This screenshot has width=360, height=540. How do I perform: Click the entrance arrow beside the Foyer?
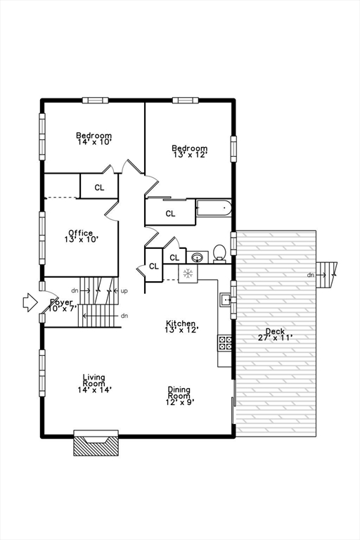(30, 302)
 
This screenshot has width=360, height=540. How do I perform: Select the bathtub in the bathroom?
(214, 209)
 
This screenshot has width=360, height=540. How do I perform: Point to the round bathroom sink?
(197, 257)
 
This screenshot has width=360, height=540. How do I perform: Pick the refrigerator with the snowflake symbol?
(188, 274)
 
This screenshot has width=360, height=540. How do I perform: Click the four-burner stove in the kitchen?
(226, 343)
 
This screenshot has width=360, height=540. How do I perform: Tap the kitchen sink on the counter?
(226, 300)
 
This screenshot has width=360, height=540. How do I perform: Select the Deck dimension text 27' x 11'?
(275, 338)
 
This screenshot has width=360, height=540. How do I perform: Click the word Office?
(80, 233)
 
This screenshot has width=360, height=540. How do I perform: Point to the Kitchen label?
(181, 323)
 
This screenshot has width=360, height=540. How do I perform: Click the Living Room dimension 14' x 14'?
(94, 389)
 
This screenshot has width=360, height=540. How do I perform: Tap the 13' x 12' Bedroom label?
(190, 155)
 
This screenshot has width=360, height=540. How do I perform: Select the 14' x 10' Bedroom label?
(94, 142)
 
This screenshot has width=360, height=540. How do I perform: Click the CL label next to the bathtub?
(171, 214)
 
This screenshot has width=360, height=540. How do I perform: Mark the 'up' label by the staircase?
(124, 290)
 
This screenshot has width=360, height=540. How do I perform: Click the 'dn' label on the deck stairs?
(310, 275)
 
